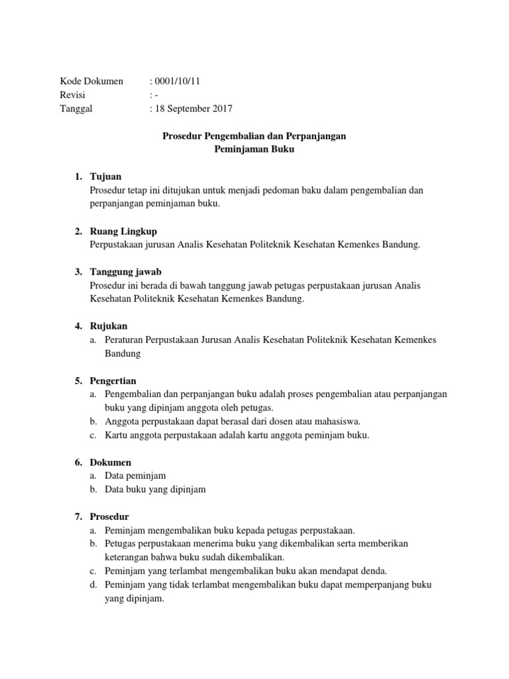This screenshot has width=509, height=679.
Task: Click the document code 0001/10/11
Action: pos(178,82)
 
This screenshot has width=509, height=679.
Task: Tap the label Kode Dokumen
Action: pos(91,82)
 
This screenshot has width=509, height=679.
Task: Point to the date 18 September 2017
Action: pos(194,109)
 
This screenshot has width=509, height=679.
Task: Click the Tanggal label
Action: pos(76,109)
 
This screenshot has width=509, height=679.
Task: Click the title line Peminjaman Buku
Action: pos(254,150)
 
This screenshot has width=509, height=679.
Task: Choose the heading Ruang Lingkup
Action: pos(123,231)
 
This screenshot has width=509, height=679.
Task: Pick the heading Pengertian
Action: pos(113,381)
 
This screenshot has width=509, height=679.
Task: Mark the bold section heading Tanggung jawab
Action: pos(125,272)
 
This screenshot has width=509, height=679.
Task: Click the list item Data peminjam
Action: pos(135,475)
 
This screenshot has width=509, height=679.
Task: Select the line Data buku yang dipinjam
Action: pos(155,489)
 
